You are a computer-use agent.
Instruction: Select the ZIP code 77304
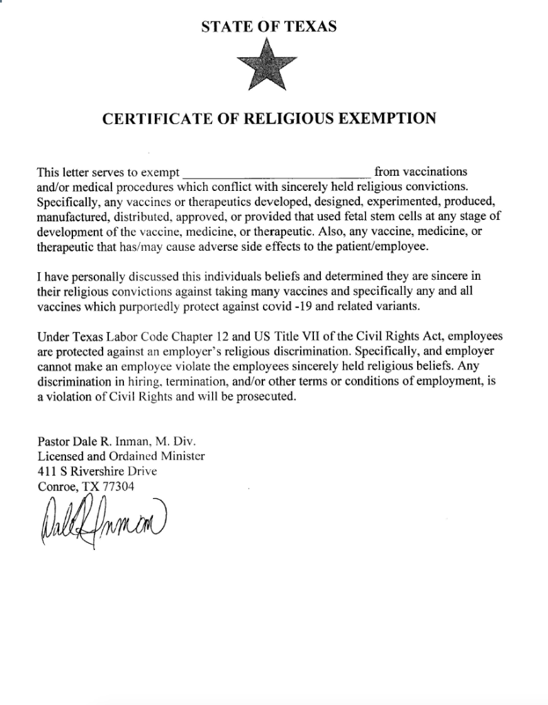coord(118,486)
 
